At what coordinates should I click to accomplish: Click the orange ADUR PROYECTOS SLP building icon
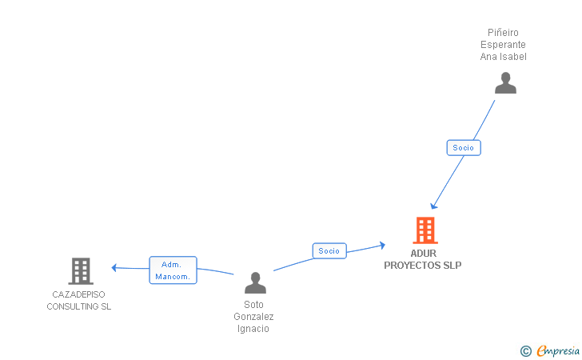[x=425, y=230]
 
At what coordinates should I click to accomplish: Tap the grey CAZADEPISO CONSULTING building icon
[x=80, y=271]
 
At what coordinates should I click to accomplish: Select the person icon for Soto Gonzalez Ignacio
[x=255, y=283]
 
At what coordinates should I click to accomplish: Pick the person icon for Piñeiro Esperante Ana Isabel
[x=505, y=83]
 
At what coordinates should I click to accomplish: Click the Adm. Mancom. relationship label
[x=173, y=270]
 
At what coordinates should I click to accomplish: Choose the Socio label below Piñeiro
[x=463, y=147]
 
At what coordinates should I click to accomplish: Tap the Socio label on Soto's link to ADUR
[x=329, y=250]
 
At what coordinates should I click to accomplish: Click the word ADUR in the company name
[x=424, y=254]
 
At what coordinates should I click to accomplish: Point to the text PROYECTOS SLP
[x=423, y=265]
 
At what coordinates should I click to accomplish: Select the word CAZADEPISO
[x=79, y=294]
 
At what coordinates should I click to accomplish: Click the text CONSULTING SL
[x=79, y=306]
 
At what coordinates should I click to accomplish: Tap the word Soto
[x=253, y=305]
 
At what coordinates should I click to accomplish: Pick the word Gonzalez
[x=253, y=317]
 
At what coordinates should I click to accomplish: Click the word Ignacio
[x=253, y=329]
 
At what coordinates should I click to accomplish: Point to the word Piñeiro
[x=504, y=33]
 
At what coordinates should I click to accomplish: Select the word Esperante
[x=504, y=45]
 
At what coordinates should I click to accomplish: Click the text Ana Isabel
[x=504, y=57]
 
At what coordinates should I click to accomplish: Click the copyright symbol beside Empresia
[x=525, y=350]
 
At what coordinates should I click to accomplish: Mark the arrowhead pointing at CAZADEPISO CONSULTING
[x=114, y=267]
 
